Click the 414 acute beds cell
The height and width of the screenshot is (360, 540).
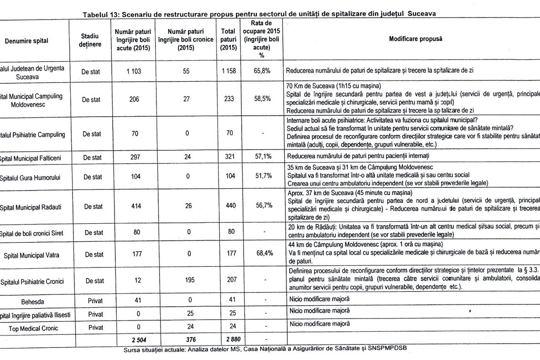(133, 206)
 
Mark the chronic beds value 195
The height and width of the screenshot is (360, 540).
(186, 281)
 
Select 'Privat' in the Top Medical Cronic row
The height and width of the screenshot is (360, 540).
(95, 327)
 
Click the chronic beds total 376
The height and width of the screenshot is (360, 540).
(186, 339)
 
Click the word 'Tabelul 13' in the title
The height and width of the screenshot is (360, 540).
(101, 14)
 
